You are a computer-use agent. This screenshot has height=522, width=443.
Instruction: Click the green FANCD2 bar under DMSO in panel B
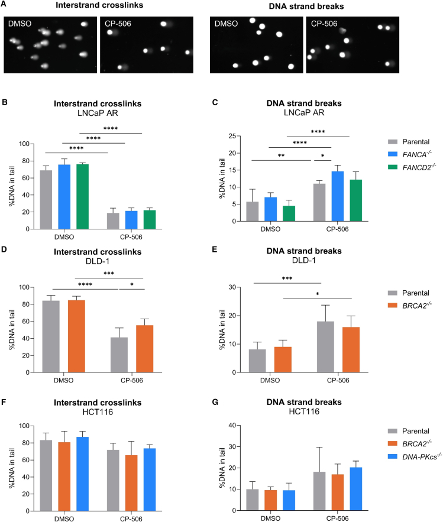point(82,196)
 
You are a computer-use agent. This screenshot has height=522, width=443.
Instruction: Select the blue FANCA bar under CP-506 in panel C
point(337,196)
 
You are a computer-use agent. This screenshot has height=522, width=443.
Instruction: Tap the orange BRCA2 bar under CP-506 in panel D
point(144,349)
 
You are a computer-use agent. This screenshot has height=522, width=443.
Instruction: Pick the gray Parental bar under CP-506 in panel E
point(325,346)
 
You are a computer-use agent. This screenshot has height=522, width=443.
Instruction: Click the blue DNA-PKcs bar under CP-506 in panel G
point(355,489)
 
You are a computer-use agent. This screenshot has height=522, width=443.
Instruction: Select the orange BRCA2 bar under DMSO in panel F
point(64,476)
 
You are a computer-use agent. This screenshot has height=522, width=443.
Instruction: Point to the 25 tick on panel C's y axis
point(232,136)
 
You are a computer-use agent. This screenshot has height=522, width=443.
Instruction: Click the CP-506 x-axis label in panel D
point(131,380)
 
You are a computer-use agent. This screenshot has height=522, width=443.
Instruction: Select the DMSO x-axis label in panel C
point(270,229)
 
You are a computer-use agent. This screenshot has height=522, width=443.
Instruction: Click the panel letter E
point(215,249)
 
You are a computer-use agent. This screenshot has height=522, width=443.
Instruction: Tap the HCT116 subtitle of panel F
point(98,412)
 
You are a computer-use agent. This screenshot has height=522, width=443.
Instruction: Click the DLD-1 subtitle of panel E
point(304,260)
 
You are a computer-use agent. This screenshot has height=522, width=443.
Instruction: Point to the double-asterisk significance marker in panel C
point(281,155)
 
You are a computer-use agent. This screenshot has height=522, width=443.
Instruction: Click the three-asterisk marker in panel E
point(287,278)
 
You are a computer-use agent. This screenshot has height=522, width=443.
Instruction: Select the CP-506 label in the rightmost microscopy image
point(324,24)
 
